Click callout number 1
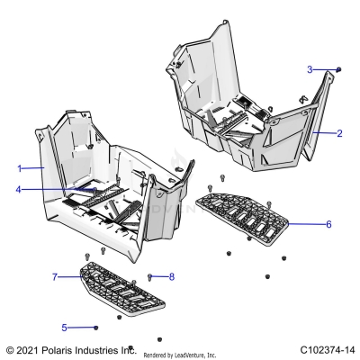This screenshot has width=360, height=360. coord(19,168)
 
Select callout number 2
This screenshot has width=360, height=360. coord(339,133)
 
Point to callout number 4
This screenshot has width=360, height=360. coord(19,190)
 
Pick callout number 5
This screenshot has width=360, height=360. coord(64,327)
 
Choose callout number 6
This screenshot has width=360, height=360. coord(328,223)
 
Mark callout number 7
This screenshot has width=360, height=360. coord(55,276)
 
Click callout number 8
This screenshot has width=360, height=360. coord(171,277)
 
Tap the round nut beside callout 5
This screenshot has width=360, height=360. coord(95,327)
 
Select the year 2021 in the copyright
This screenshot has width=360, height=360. coord(29,348)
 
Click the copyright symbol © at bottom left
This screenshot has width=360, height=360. coord(10,348)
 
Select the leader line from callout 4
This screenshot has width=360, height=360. coord(54,190)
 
